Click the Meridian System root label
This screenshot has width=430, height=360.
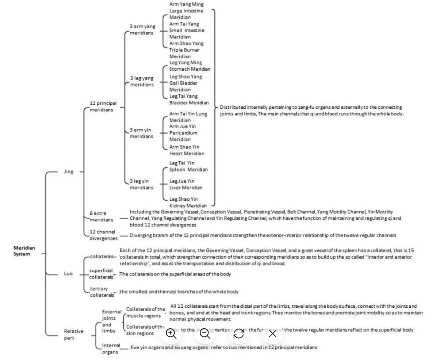24,251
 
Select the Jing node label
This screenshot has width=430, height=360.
69,171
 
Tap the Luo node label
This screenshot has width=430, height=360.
68,273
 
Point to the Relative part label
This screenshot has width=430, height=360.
74,334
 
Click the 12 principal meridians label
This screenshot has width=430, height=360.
103,106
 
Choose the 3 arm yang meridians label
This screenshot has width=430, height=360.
142,29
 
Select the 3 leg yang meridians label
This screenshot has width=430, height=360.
142,81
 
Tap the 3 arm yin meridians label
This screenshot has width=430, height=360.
141,133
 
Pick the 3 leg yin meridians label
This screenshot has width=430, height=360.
141,184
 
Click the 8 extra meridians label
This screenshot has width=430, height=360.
101,216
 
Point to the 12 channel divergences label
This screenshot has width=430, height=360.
103,235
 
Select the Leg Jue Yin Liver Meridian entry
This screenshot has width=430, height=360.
186,184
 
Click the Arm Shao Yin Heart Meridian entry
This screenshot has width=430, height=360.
186,150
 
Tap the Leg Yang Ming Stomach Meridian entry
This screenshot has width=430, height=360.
190,66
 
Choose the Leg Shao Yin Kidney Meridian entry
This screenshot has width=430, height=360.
188,202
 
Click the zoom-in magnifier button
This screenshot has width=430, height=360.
171,333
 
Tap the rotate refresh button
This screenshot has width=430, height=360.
239,333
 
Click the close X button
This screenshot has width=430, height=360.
272,333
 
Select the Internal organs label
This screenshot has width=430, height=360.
111,349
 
